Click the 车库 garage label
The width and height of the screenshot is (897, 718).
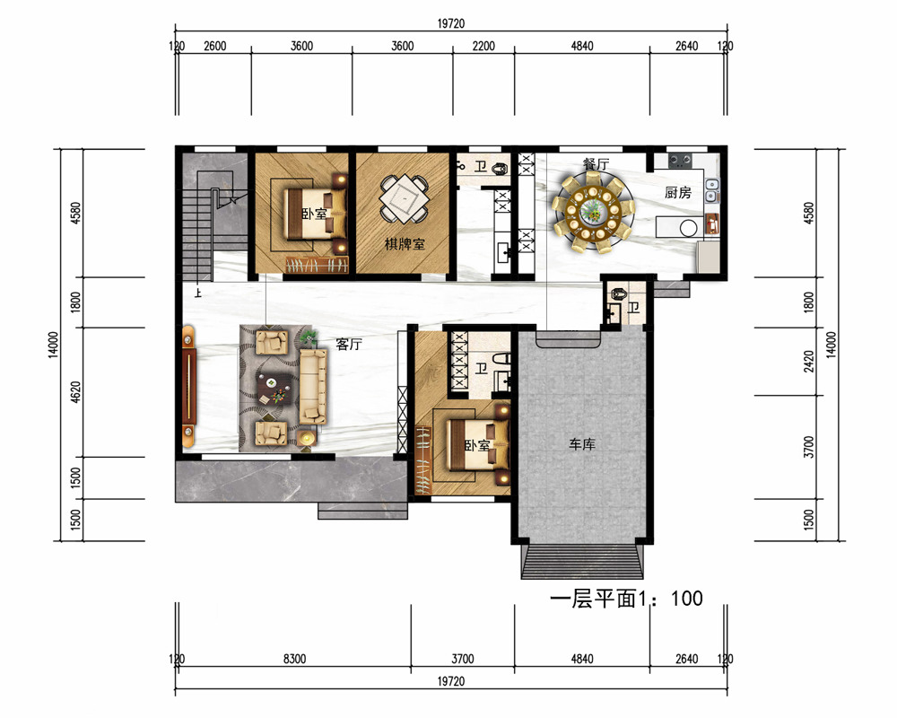tap(582, 443)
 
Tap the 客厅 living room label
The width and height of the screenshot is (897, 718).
tap(349, 344)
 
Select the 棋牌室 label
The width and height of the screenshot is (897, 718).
tap(405, 244)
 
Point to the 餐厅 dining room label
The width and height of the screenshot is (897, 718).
tap(597, 163)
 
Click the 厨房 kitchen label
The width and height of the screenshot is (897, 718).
tap(678, 192)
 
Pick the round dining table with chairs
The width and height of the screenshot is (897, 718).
tap(593, 213)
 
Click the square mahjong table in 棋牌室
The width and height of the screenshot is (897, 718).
tap(405, 199)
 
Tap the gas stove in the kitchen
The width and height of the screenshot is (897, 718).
tap(680, 160)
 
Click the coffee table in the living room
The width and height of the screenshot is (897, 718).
tap(275, 389)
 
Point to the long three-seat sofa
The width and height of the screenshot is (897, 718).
tap(313, 387)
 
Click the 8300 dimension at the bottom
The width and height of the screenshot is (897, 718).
tap(294, 659)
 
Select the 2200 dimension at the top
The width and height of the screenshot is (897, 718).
tap(483, 46)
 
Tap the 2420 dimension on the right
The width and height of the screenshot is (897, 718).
tap(808, 362)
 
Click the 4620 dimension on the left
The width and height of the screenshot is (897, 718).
tap(75, 392)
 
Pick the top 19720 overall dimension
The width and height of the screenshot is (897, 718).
tap(451, 23)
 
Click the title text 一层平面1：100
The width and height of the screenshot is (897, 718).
tap(626, 599)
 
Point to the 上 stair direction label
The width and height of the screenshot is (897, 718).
tap(198, 293)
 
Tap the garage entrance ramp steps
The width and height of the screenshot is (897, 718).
tap(582, 562)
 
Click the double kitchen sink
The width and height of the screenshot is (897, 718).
tap(711, 190)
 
